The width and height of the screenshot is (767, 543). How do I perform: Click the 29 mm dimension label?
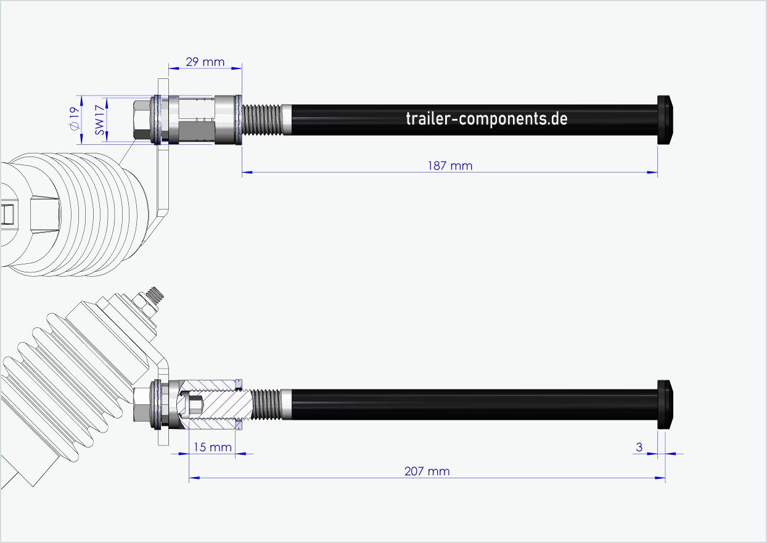point(205,62)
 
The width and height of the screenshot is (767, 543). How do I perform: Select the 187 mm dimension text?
point(449,165)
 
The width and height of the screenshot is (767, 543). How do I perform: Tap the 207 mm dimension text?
point(427,472)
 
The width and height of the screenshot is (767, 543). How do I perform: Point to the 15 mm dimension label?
point(211,447)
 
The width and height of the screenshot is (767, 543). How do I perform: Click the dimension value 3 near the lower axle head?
point(639,447)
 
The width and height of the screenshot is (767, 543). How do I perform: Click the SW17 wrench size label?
point(97,120)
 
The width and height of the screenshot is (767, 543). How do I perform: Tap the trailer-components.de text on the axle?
point(486,118)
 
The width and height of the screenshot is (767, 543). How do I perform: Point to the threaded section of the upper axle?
point(263,120)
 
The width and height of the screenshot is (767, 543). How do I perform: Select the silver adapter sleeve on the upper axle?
point(196,120)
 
